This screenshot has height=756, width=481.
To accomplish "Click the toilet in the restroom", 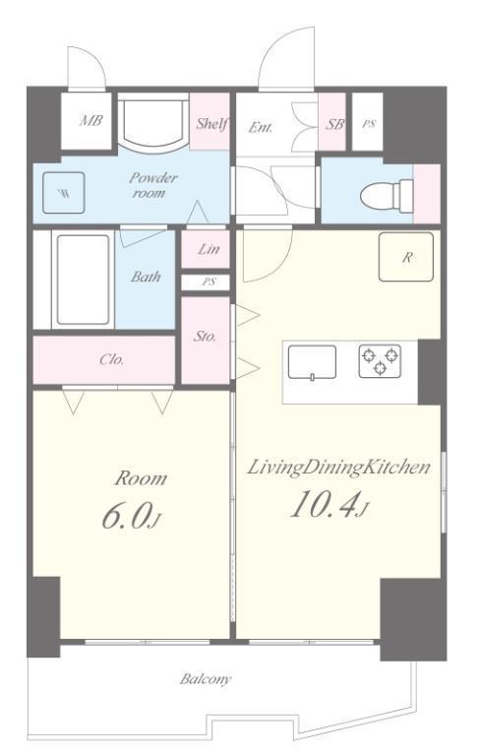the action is [387, 196].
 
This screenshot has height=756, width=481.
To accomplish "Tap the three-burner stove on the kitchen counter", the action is [380, 360].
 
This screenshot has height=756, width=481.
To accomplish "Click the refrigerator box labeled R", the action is [406, 257].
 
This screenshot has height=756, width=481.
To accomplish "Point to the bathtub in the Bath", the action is [83, 280].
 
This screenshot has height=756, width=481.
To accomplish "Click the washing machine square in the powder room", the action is [64, 193].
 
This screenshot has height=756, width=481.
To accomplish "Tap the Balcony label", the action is [206, 679].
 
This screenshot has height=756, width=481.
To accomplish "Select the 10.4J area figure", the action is [330, 505].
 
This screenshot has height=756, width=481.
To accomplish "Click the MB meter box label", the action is [90, 120].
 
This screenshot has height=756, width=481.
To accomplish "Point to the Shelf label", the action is [211, 124].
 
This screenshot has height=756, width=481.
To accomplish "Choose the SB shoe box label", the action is [334, 124].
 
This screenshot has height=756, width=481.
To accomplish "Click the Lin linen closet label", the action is [209, 249].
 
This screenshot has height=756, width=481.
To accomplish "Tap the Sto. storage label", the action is [205, 336].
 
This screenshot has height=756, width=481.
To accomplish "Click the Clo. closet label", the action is [111, 359].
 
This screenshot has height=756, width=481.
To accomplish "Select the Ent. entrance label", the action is [261, 128].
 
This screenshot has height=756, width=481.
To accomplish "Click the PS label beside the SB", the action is [369, 124].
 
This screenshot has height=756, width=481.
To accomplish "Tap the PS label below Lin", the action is [209, 282].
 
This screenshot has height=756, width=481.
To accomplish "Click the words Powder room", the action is [152, 186].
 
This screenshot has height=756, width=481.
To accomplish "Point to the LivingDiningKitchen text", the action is [338, 469].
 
